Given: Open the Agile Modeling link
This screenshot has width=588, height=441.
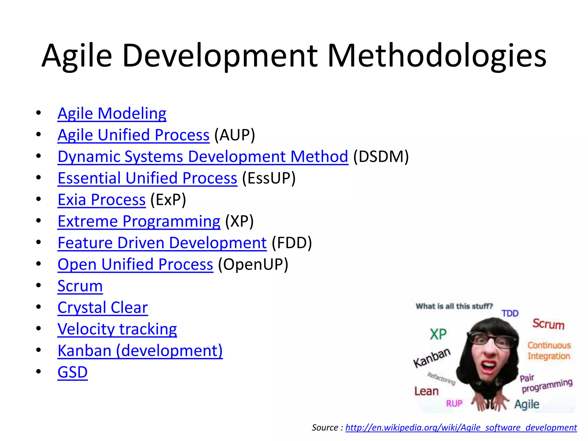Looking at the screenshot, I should [x=112, y=114].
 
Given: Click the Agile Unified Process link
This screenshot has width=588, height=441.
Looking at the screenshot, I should [x=133, y=135].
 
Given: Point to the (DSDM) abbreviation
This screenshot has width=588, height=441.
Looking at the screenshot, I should [x=381, y=157].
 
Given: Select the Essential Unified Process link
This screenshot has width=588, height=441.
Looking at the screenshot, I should [x=147, y=178].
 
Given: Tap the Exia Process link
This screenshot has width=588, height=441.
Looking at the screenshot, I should [x=101, y=200].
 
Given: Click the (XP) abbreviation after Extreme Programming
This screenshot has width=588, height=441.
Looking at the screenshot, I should [x=239, y=221].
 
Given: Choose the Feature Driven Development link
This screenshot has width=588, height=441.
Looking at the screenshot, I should [x=162, y=243].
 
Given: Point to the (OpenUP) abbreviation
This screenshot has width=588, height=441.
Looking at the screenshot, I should [x=253, y=264].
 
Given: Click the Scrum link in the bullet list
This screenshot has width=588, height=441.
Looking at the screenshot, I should [x=80, y=286].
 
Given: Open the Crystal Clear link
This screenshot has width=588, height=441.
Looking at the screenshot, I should [x=102, y=308].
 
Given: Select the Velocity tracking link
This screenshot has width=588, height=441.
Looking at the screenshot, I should [x=117, y=329].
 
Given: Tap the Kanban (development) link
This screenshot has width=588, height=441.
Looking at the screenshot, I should [x=140, y=351].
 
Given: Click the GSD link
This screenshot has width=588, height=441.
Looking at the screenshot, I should [x=72, y=372].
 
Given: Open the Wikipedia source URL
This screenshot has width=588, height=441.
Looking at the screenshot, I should [x=461, y=428].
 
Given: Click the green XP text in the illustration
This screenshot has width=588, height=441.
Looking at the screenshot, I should [x=438, y=334].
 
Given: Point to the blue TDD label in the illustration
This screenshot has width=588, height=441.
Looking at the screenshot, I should [x=510, y=313].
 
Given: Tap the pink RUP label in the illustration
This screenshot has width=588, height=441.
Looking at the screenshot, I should [x=454, y=403].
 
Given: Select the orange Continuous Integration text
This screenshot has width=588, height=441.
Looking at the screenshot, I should [x=549, y=351].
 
